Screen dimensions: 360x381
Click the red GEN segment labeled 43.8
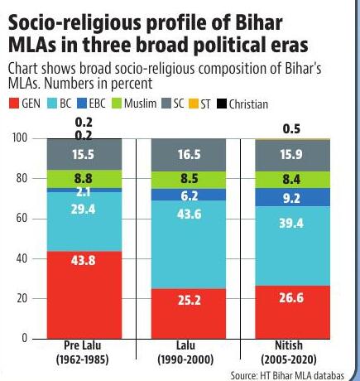tap(84, 295)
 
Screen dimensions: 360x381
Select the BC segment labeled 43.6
tap(189, 244)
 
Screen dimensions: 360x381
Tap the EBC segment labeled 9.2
tap(292, 197)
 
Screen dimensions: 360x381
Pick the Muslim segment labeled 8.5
tap(189, 180)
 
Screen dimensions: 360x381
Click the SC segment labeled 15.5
tap(84, 154)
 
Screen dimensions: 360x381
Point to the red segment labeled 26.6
tap(292, 312)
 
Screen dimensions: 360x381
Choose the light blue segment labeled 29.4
tap(84, 222)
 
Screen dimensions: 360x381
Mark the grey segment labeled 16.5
tap(189, 155)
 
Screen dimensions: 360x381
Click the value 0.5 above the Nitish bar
tap(291, 129)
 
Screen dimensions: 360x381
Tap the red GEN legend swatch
tap(14, 104)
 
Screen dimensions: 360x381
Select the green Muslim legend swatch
tap(117, 104)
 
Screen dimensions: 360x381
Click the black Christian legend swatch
tap(222, 104)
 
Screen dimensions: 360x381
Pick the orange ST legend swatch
tap(193, 104)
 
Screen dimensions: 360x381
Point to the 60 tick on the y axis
tap(22, 219)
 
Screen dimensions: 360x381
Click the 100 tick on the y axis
tap(20, 138)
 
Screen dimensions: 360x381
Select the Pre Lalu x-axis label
tap(83, 345)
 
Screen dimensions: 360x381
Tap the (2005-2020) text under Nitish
tap(289, 359)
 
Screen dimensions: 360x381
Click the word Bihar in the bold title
tap(259, 22)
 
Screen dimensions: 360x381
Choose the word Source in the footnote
tap(243, 375)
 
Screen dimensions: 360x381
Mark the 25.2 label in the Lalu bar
tap(190, 300)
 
